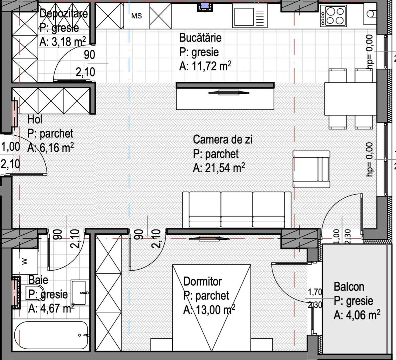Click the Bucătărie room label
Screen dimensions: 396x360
click(200, 38)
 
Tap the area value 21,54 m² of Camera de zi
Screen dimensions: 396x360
click(219, 168)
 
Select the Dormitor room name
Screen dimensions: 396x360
click(203, 281)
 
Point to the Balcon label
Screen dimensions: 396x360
click(349, 287)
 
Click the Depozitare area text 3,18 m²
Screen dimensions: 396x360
click(62, 42)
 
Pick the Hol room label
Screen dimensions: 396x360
click(35, 120)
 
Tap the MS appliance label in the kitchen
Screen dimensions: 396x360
click(137, 16)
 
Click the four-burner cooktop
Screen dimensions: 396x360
click(333, 16)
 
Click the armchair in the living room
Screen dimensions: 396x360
click(311, 169)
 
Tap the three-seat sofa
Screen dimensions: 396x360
click(237, 210)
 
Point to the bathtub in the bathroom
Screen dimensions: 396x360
click(51, 335)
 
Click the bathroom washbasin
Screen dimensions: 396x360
click(80, 292)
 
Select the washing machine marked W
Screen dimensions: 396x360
click(25, 262)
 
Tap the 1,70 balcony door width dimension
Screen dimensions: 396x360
click(315, 292)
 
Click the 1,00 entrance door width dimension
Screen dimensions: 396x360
click(10, 147)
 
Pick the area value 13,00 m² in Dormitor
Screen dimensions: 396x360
click(209, 310)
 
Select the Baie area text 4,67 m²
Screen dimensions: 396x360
click(51, 308)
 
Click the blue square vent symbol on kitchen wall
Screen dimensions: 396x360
click(205, 6)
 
